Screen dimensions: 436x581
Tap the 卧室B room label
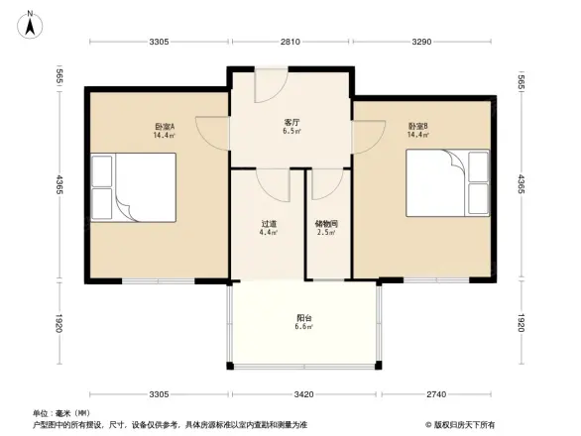click(x=417, y=128)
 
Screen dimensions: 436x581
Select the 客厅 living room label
click(x=290, y=124)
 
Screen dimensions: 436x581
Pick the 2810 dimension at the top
click(x=290, y=42)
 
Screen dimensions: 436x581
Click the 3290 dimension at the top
click(x=421, y=42)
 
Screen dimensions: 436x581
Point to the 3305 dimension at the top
click(x=160, y=42)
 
